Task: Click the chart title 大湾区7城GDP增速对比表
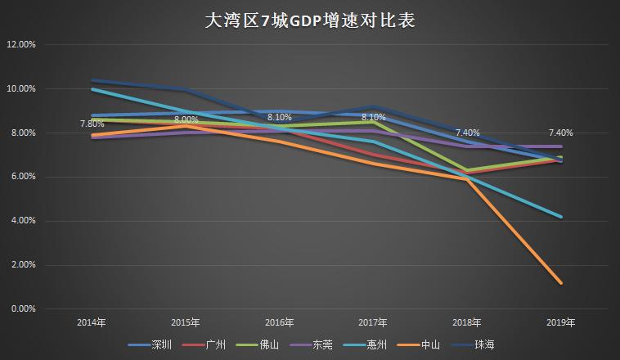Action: pos(309,20)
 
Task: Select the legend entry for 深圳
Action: pos(162,344)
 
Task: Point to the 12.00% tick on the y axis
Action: pos(20,44)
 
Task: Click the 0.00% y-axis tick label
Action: pos(22,309)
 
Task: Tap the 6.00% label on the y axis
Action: pos(22,177)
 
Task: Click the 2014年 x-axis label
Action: pos(91,322)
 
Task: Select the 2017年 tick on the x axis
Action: pos(373,322)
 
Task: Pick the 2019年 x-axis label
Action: pos(560,322)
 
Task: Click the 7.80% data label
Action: pos(92,124)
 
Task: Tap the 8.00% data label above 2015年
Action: pos(186,120)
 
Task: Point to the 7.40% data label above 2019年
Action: pos(560,133)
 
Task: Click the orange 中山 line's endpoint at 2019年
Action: pos(560,283)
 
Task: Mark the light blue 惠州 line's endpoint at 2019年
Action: pos(560,217)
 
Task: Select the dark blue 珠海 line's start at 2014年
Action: pos(92,80)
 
